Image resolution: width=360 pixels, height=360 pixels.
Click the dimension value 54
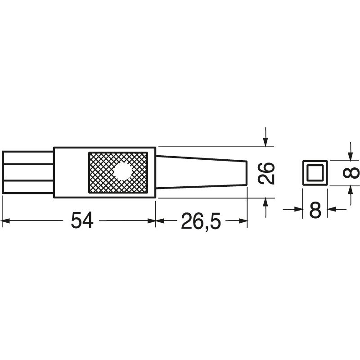pos(82,220)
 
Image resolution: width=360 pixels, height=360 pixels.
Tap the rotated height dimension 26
pos(266,173)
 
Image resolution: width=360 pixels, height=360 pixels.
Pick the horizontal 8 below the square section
pos(315,210)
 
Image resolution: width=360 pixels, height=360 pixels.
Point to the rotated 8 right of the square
pos(354,173)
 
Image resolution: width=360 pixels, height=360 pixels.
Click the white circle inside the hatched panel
pos(122,171)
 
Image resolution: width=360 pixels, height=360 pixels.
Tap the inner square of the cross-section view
pos(315,172)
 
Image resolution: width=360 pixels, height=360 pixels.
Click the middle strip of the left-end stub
pos(28,172)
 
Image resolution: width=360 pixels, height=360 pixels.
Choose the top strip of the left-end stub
pos(28,157)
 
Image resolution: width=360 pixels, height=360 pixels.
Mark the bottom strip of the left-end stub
pos(28,187)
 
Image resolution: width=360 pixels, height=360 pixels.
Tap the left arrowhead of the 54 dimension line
pos(5,220)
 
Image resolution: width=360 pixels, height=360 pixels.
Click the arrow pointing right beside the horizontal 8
pos(297,209)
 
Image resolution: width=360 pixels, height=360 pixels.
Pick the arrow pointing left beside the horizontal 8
pos(332,209)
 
